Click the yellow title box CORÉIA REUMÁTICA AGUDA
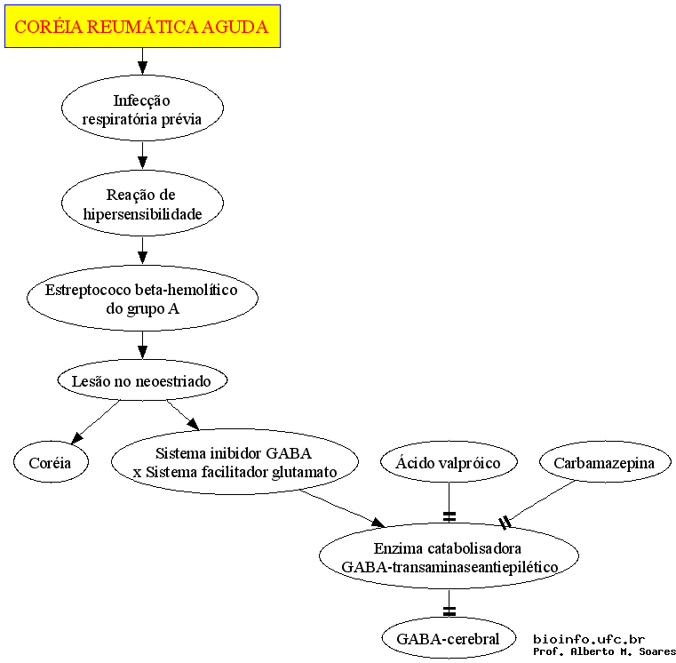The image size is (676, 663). (142, 27)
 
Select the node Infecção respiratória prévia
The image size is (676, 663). (142, 108)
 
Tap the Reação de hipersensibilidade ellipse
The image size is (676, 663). (142, 204)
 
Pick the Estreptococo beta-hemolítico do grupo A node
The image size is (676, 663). (142, 298)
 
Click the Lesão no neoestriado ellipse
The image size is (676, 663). (142, 380)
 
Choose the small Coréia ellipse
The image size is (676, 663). (51, 462)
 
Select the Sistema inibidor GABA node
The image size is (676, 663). (235, 461)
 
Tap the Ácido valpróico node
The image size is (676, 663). (449, 462)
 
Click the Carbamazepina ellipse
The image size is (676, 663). (605, 462)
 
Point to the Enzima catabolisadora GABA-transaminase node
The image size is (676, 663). (449, 556)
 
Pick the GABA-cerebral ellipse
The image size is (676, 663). (449, 638)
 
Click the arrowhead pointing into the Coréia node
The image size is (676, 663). (77, 438)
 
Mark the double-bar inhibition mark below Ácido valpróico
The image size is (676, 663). (449, 516)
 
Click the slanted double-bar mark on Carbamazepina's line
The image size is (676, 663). (505, 523)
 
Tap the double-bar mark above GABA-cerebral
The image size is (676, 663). (449, 611)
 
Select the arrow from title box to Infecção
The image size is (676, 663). (142, 61)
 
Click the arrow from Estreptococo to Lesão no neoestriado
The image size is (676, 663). (142, 345)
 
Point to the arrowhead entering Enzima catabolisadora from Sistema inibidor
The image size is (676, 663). (378, 523)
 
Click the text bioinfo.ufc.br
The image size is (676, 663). (589, 639)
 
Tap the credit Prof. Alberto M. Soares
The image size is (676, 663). (604, 651)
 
